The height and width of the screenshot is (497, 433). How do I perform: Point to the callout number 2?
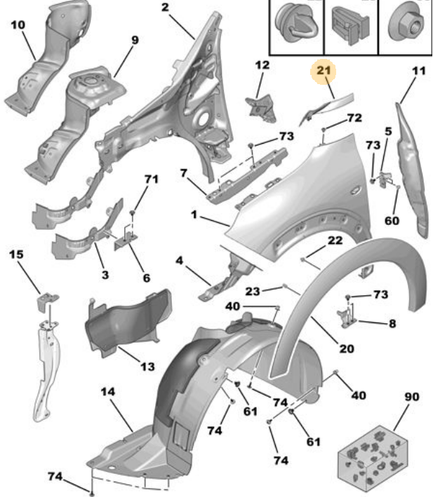(x=165, y=8)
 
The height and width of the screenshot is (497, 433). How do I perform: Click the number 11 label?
(x=419, y=71)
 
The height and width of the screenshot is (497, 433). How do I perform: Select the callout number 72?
(x=354, y=118)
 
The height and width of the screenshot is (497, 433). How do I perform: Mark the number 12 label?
(x=262, y=65)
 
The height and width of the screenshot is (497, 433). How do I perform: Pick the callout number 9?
(x=135, y=41)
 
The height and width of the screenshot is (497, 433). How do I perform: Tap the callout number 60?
(x=391, y=221)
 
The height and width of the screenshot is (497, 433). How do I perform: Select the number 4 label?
(x=180, y=262)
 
